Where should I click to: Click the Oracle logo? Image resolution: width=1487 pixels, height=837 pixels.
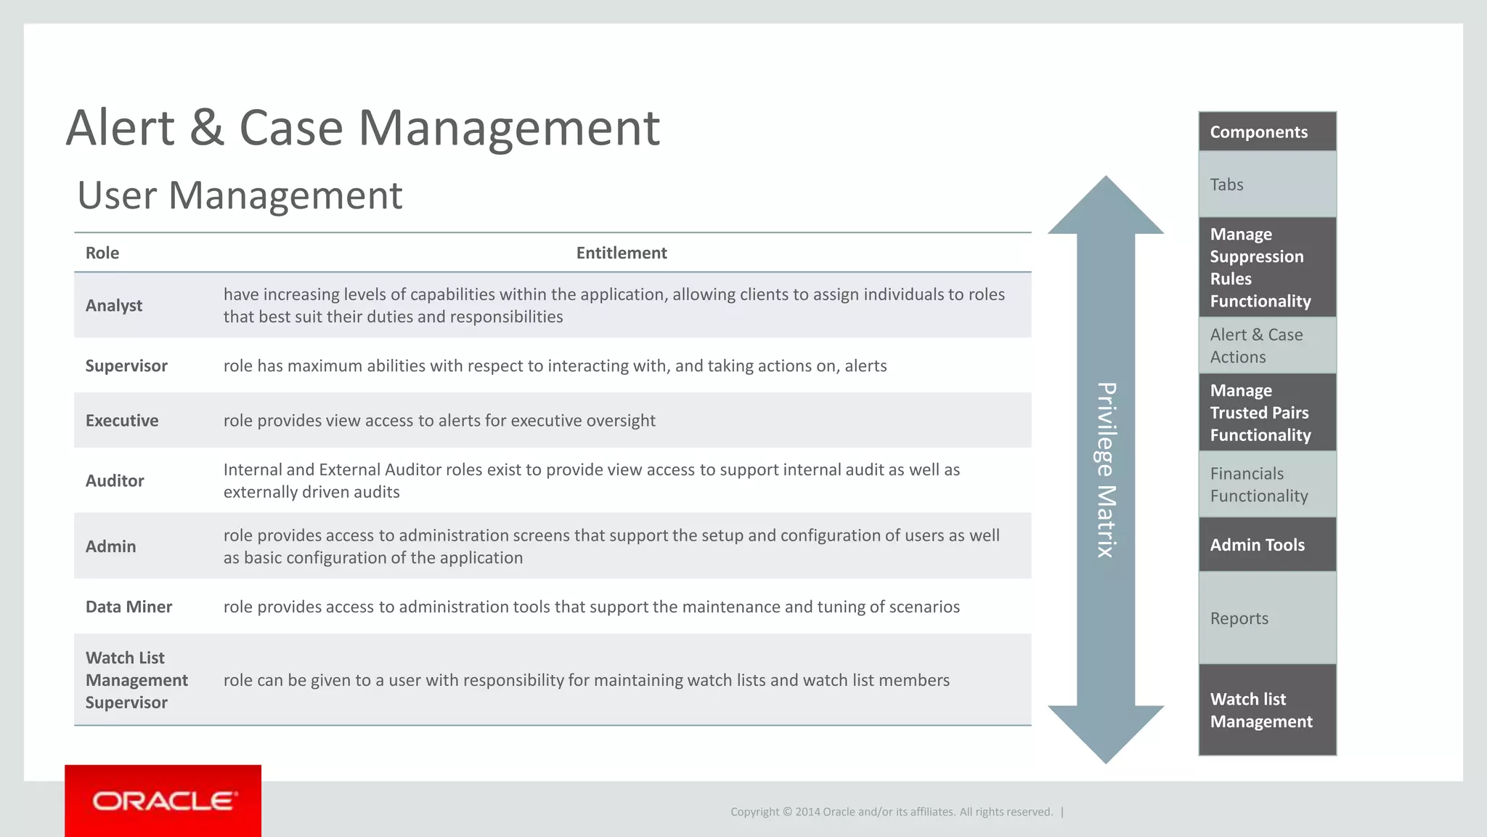pyautogui.click(x=163, y=801)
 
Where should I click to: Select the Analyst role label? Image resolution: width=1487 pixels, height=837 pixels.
pyautogui.click(x=114, y=305)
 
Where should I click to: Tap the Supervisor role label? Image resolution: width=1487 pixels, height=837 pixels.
pyautogui.click(x=126, y=365)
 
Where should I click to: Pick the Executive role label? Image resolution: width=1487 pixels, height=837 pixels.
pyautogui.click(x=122, y=421)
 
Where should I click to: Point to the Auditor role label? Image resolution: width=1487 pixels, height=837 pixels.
pyautogui.click(x=115, y=481)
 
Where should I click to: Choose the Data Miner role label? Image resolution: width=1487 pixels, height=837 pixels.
pyautogui.click(x=129, y=607)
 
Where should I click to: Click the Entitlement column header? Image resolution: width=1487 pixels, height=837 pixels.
pyautogui.click(x=622, y=253)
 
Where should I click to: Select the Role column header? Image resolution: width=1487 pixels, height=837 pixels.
pyautogui.click(x=102, y=253)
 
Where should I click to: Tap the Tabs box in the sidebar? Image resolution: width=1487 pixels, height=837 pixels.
pyautogui.click(x=1267, y=185)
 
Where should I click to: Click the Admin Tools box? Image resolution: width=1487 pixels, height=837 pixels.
pyautogui.click(x=1267, y=545)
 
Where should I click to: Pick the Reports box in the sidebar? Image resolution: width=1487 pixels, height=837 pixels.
pyautogui.click(x=1267, y=618)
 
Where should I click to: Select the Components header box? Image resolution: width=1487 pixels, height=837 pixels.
pyautogui.click(x=1267, y=132)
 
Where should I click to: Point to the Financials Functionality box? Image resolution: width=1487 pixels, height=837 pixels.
pyautogui.click(x=1267, y=485)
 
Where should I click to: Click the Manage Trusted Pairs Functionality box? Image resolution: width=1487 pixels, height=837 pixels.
pyautogui.click(x=1267, y=413)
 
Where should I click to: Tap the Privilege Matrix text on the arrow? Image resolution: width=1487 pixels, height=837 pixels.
pyautogui.click(x=1105, y=470)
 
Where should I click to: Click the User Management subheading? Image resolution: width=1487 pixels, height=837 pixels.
pyautogui.click(x=240, y=195)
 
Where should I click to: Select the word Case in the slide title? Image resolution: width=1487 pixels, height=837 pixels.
pyautogui.click(x=290, y=128)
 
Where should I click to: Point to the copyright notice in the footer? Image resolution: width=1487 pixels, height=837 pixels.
pyautogui.click(x=892, y=812)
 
